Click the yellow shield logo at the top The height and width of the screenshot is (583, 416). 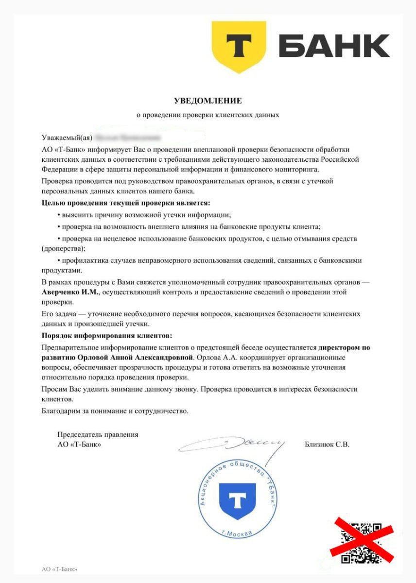click(238, 47)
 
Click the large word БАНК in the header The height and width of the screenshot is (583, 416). click(334, 46)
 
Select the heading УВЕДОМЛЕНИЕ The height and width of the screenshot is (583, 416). click(208, 101)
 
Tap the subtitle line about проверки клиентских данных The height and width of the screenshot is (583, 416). click(208, 115)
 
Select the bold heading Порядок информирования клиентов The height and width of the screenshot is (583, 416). click(107, 336)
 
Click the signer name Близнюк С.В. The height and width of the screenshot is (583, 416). click(327, 444)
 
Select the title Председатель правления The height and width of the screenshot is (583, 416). click(98, 435)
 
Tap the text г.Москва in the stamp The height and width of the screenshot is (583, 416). click(237, 533)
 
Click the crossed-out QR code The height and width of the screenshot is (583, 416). click(361, 542)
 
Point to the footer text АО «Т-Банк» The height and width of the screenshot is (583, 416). click(59, 569)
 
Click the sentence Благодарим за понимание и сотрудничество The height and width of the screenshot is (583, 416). click(115, 411)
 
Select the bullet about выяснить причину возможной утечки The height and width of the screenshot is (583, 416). click(144, 214)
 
